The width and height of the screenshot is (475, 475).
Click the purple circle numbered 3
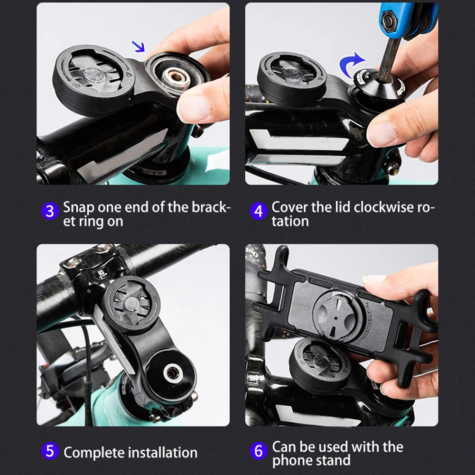(x=50, y=211)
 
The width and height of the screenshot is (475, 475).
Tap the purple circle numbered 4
(x=259, y=211)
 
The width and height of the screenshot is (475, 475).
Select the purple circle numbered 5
(x=50, y=451)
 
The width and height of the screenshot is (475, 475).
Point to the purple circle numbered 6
(x=259, y=451)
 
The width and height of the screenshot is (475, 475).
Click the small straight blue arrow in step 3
(x=138, y=47)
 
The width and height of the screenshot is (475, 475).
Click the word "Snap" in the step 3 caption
(x=78, y=208)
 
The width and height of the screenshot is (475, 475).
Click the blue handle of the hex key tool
(x=408, y=19)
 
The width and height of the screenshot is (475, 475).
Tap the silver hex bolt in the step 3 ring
(x=175, y=77)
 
